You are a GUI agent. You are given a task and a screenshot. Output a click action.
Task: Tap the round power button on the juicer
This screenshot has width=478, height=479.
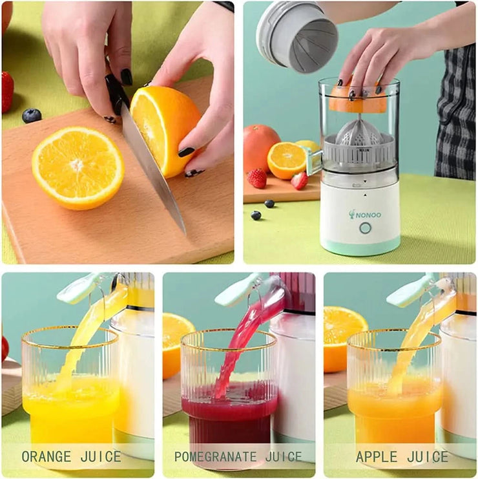365,228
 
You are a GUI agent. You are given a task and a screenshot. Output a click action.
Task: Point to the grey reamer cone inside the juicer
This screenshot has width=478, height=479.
359,133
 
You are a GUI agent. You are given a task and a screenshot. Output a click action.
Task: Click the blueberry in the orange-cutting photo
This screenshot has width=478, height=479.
31,116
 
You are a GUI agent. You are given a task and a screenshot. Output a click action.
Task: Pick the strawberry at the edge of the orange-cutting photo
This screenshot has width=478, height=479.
7,91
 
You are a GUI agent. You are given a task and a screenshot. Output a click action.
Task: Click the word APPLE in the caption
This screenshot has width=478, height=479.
377,457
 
